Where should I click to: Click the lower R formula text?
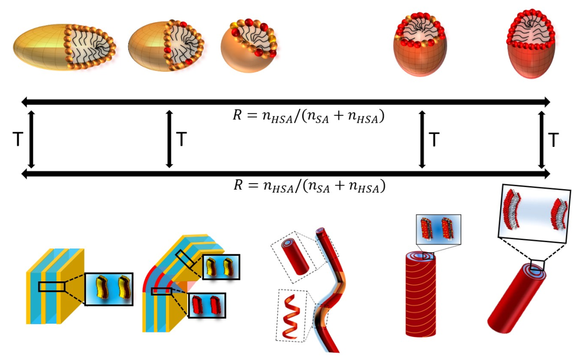point(308,186)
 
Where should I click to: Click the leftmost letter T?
point(17,140)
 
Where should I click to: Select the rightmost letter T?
point(554,140)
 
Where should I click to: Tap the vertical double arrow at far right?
point(542,139)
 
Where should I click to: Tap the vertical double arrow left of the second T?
point(169,139)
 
